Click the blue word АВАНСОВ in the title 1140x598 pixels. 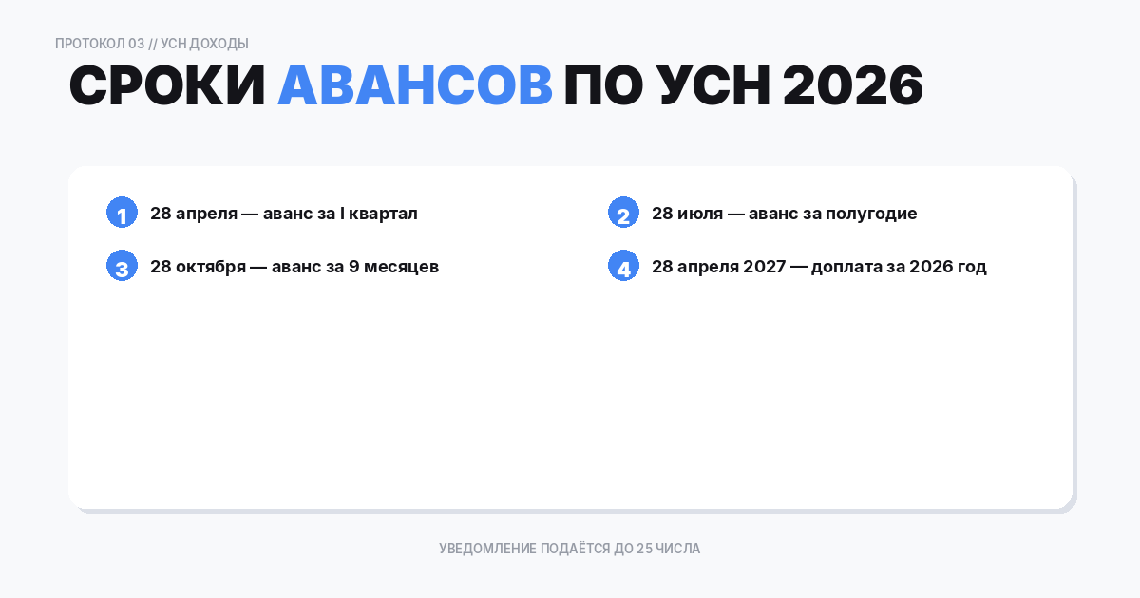click(414, 87)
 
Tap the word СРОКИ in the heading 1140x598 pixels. click(167, 87)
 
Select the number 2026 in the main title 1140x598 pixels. click(852, 87)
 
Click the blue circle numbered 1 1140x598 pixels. click(122, 214)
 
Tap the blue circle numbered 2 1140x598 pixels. click(623, 214)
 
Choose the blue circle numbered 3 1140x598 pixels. click(122, 267)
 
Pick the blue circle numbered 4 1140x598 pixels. click(623, 267)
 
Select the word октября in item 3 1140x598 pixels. click(209, 267)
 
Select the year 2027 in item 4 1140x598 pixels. click(764, 267)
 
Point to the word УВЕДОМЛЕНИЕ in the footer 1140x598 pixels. click(487, 549)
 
